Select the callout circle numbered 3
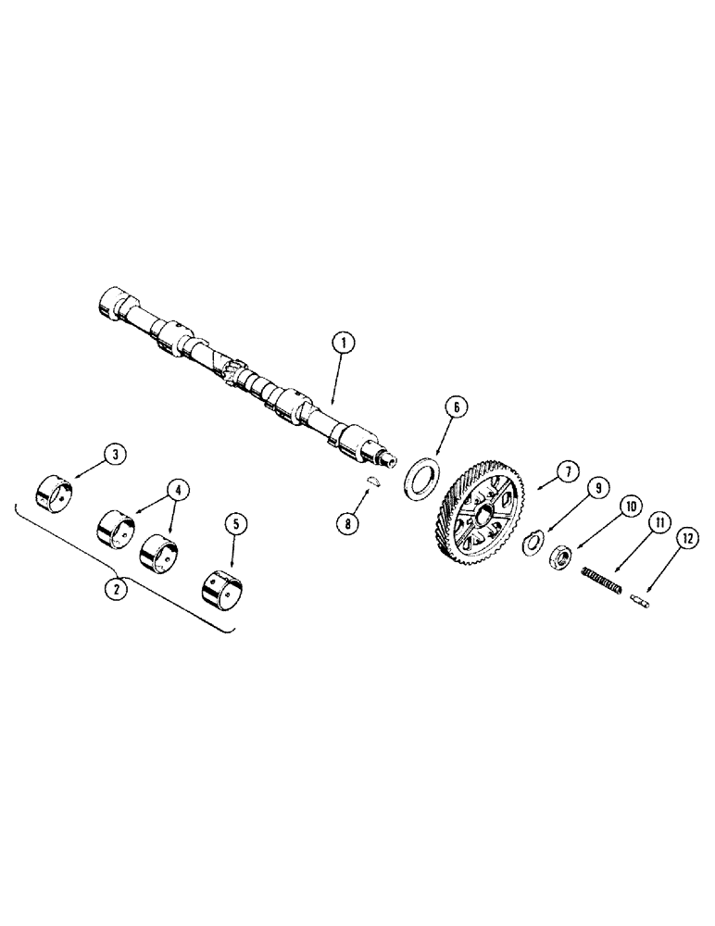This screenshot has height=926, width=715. coord(115,455)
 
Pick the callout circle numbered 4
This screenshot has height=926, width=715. coord(176,488)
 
